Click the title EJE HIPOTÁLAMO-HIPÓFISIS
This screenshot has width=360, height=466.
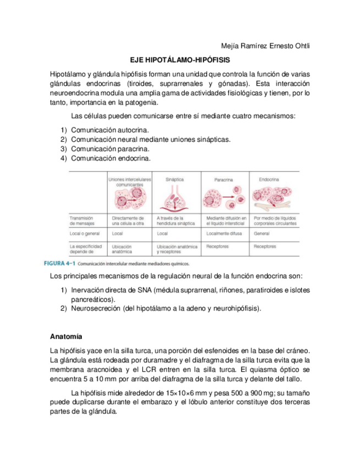tap(180, 59)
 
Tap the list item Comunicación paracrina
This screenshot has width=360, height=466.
tap(110, 148)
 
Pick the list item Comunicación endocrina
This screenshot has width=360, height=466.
tap(110, 158)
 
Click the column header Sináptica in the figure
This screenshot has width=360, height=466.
tap(174, 179)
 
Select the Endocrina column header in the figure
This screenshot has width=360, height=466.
tap(269, 179)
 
